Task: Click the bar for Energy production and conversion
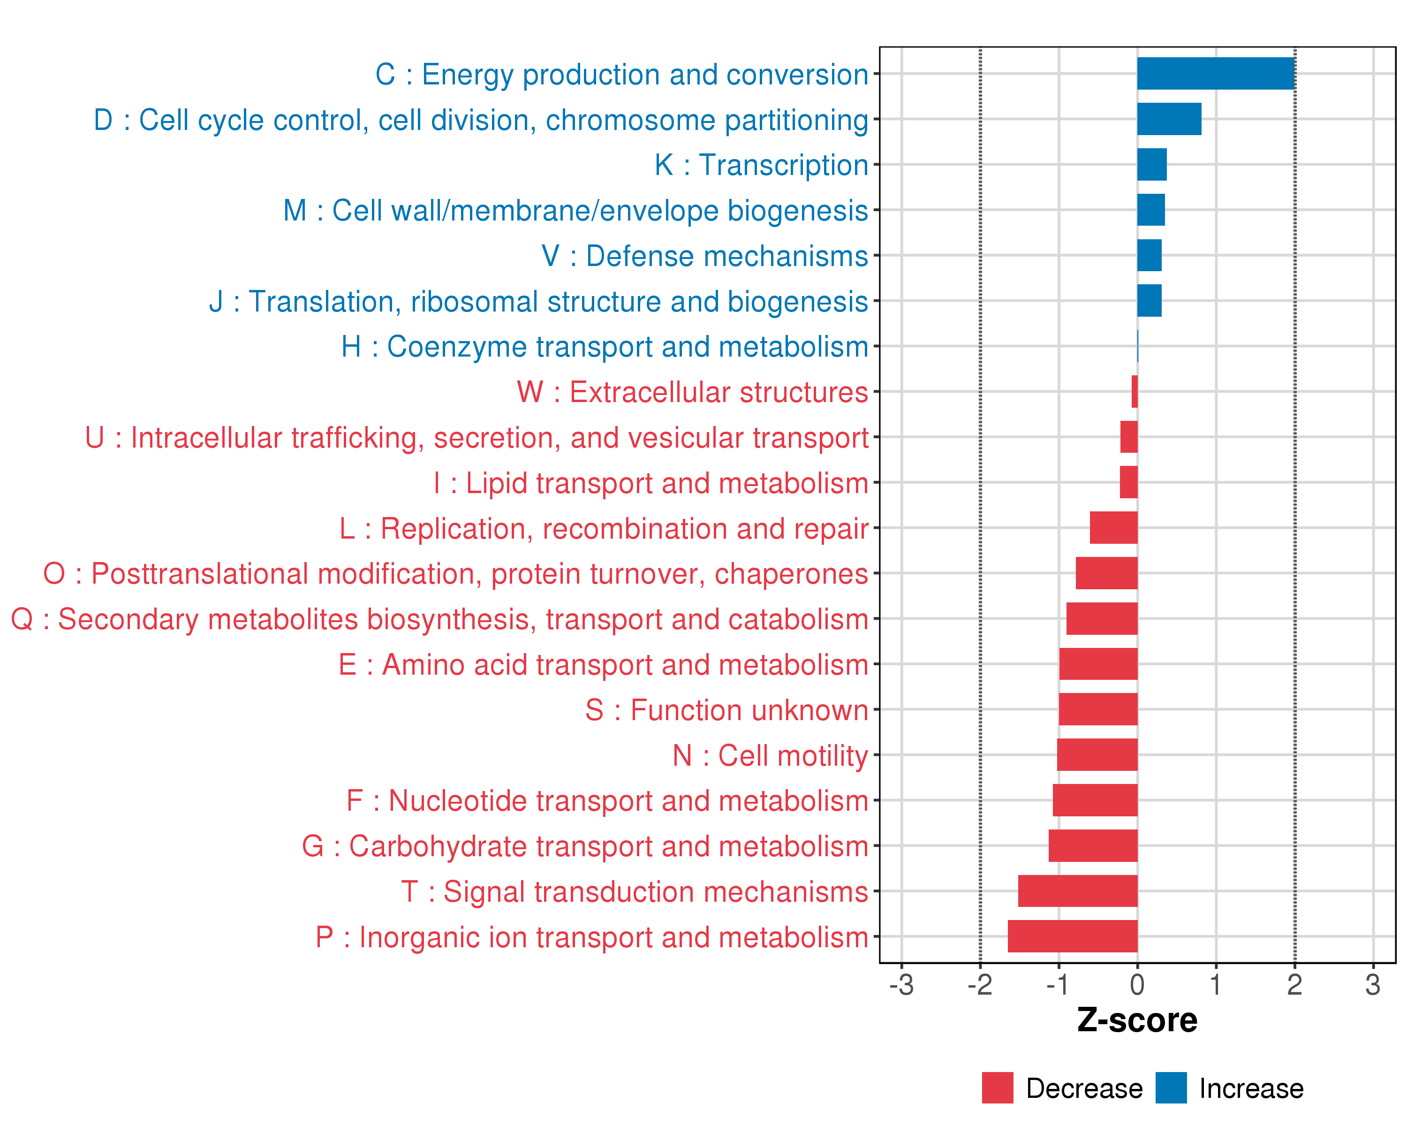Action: pyautogui.click(x=1215, y=73)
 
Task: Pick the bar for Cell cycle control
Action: pyautogui.click(x=1169, y=119)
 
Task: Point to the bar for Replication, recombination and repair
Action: pyautogui.click(x=1113, y=527)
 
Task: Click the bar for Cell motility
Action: pyautogui.click(x=1097, y=754)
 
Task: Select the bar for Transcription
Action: pyautogui.click(x=1152, y=165)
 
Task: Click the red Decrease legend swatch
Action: pyautogui.click(x=997, y=1088)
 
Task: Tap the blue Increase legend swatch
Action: pyautogui.click(x=1171, y=1088)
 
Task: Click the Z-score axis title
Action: pyautogui.click(x=1137, y=1020)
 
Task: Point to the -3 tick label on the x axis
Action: pyautogui.click(x=901, y=985)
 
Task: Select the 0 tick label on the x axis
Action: pyautogui.click(x=1137, y=985)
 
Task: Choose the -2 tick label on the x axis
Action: pyautogui.click(x=980, y=985)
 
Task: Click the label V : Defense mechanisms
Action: pyautogui.click(x=705, y=256)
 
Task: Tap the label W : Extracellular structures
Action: pyautogui.click(x=692, y=392)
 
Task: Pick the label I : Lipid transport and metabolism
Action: pyautogui.click(x=651, y=483)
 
